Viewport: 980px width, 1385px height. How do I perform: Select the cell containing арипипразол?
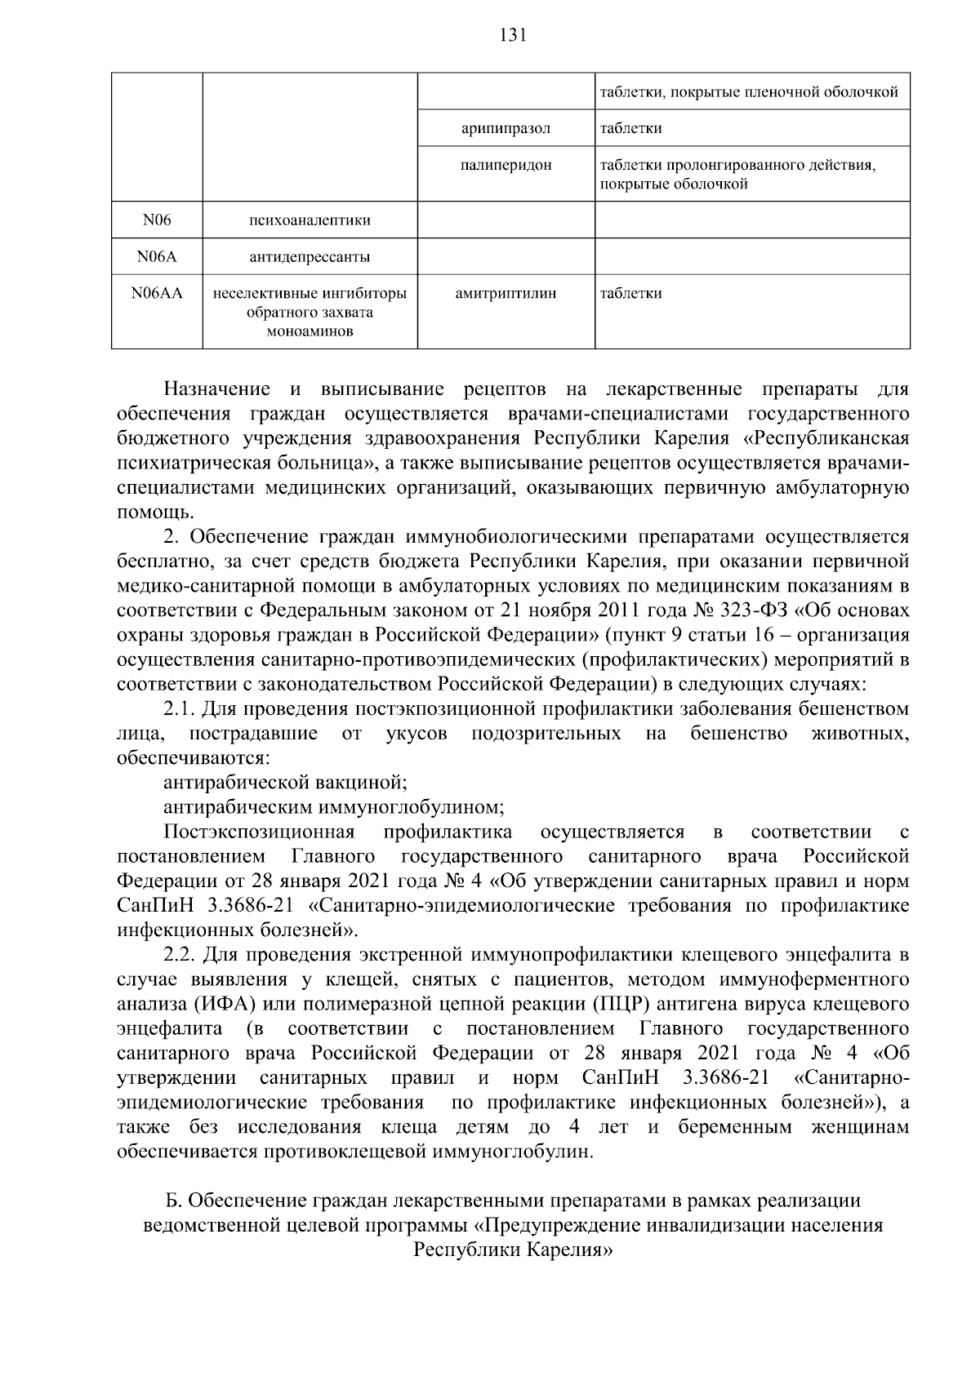point(506,129)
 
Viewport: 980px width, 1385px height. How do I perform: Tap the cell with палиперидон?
point(506,166)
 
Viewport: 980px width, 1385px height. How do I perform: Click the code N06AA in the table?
point(157,294)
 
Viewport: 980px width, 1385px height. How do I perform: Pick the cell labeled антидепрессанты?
point(310,258)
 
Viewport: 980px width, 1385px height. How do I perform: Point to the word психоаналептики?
point(310,220)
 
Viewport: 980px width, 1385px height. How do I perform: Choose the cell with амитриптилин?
point(506,294)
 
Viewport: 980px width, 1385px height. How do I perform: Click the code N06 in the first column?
point(157,220)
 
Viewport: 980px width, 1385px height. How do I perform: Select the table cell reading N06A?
point(157,258)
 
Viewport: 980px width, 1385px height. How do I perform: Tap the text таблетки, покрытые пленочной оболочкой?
point(749,92)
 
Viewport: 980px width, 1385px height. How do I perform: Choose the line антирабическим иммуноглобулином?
point(333,807)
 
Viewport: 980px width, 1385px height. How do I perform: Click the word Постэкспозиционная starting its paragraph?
point(259,832)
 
